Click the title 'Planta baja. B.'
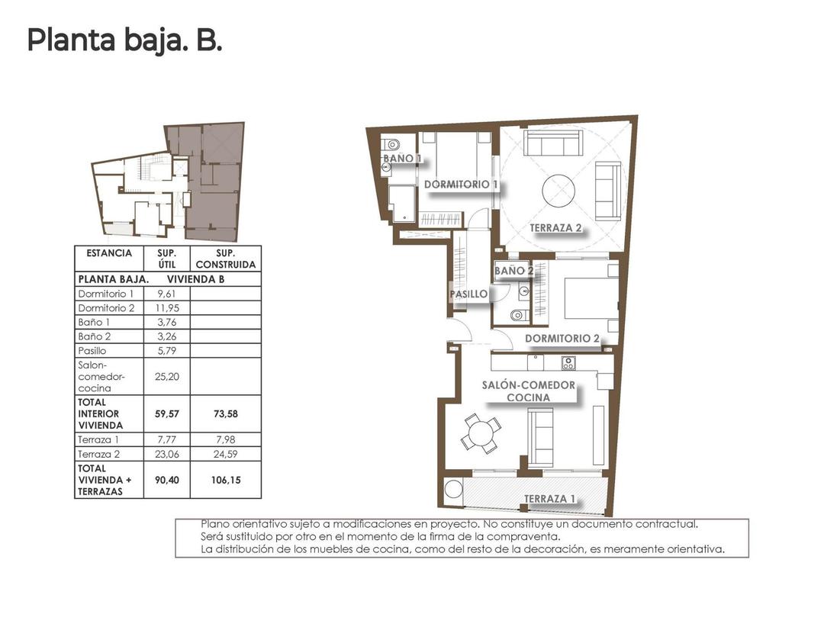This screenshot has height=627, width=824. [x=124, y=40]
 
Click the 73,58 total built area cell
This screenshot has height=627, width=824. [x=225, y=413]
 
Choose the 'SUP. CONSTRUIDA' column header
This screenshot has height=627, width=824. [x=225, y=259]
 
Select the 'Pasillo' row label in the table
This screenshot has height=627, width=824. [x=92, y=351]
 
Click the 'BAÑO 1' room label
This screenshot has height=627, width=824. [x=402, y=159]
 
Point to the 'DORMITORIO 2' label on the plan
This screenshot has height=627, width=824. [x=562, y=338]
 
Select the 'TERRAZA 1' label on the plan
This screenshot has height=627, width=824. [x=549, y=500]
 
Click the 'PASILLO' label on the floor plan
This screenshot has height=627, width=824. [x=469, y=293]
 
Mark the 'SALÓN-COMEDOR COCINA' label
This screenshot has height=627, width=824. [x=528, y=391]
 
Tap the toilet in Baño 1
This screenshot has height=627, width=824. [x=392, y=144]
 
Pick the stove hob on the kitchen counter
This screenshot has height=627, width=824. [x=568, y=363]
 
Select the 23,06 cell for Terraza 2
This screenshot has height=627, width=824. [x=166, y=454]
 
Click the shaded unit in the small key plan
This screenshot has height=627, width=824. [x=214, y=183]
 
